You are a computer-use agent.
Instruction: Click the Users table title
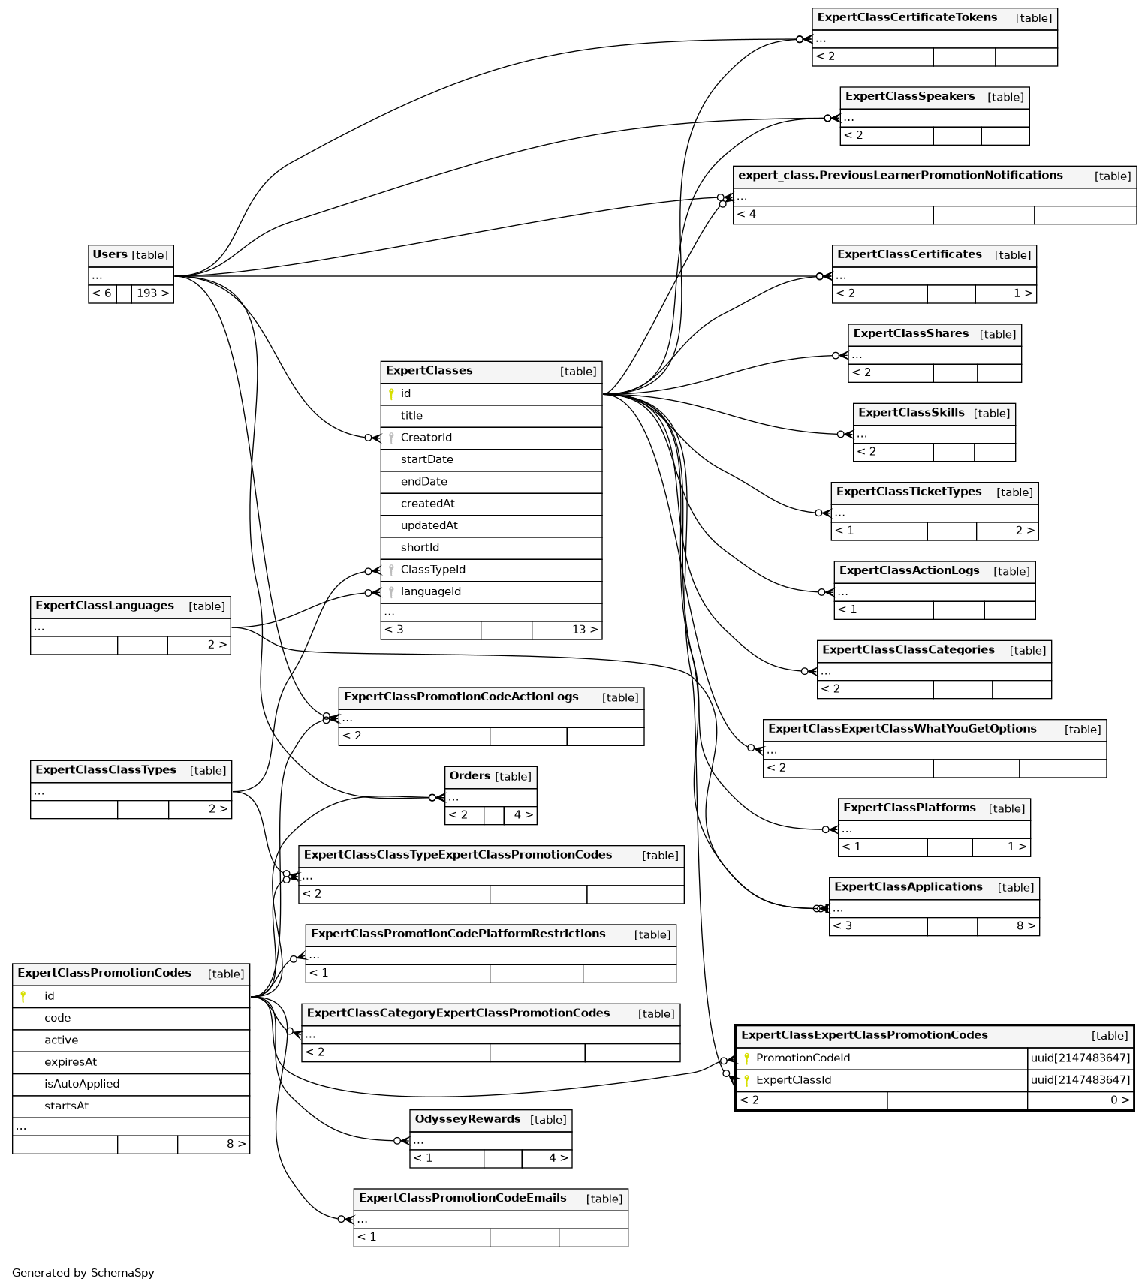click(110, 255)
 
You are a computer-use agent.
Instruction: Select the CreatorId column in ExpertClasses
click(426, 438)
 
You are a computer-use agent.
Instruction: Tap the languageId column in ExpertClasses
click(430, 591)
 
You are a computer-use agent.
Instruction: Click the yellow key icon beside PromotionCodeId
click(746, 1058)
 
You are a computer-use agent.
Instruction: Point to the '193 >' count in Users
click(152, 293)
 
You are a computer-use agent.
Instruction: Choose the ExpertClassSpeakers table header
click(910, 97)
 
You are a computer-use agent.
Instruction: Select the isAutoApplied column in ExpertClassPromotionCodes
click(82, 1084)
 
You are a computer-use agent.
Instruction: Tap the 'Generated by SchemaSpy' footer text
click(83, 1273)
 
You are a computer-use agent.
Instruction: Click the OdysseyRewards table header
click(468, 1120)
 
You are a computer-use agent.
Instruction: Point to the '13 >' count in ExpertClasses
click(584, 630)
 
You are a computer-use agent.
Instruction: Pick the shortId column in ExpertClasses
click(420, 548)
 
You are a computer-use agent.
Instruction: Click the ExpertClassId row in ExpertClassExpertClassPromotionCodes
click(794, 1080)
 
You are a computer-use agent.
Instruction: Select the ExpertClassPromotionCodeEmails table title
click(463, 1199)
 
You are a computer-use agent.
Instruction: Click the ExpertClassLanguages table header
click(104, 606)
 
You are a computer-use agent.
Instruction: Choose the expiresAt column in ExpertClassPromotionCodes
click(70, 1062)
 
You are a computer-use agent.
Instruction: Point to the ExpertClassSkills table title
click(911, 413)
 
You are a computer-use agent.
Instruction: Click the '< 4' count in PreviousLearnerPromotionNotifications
click(746, 215)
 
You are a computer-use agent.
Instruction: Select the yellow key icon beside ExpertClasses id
click(391, 394)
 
